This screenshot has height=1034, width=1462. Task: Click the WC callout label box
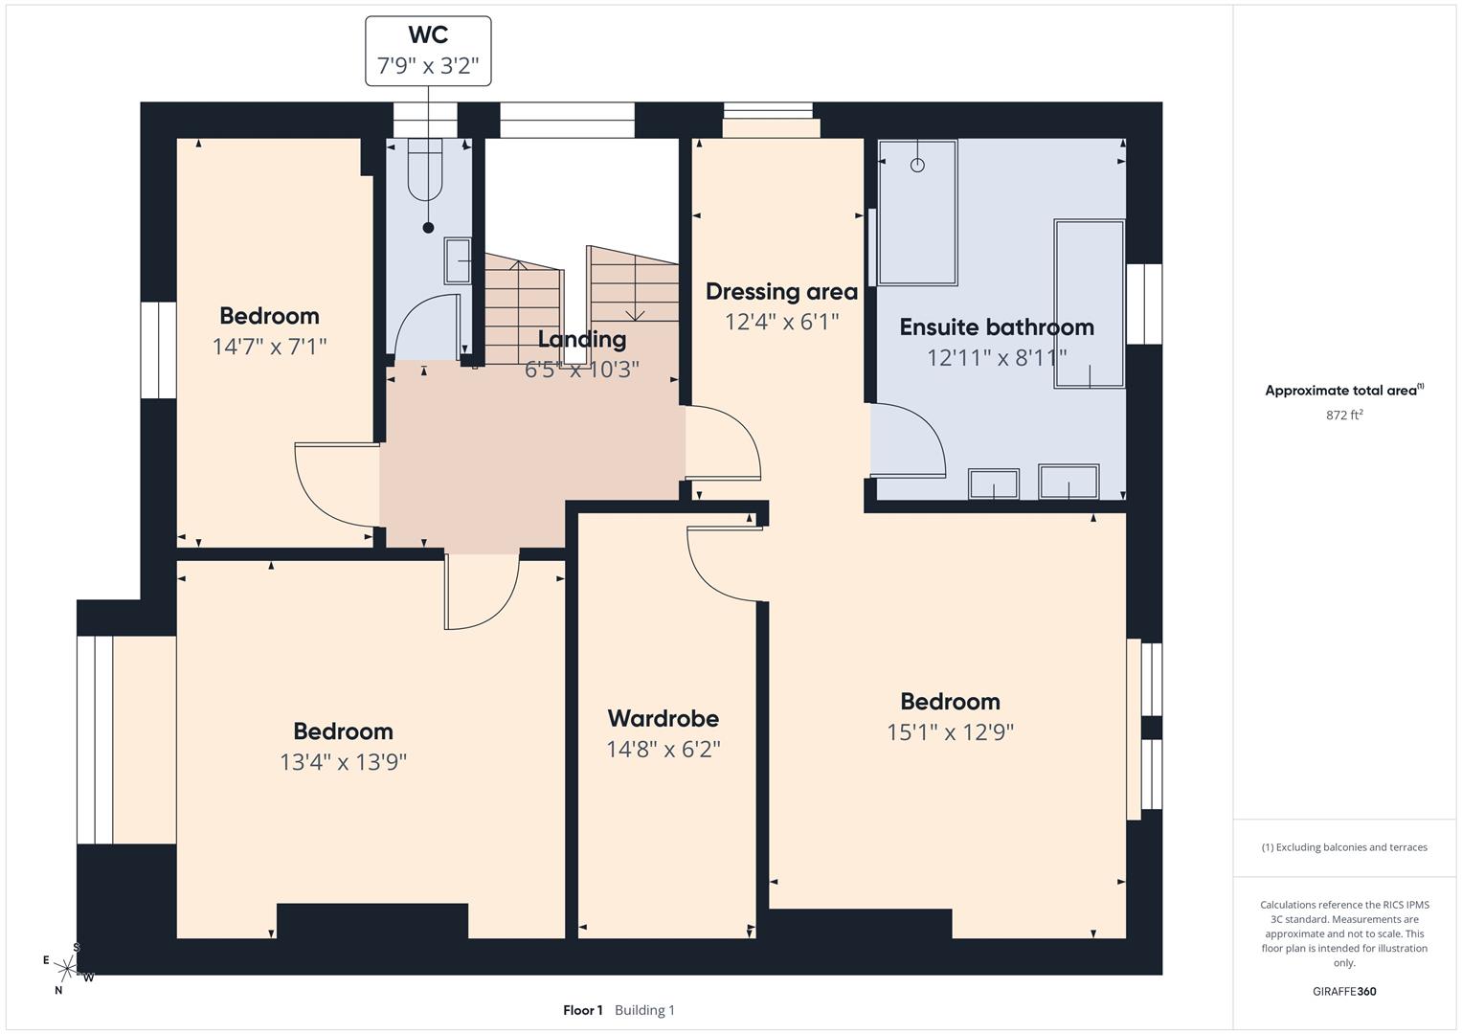[x=428, y=51]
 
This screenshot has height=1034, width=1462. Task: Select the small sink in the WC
[x=459, y=261]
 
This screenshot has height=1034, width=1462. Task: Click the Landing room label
[x=581, y=339]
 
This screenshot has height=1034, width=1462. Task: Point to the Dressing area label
[x=781, y=291]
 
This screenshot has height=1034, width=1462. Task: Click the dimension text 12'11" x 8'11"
[x=996, y=357]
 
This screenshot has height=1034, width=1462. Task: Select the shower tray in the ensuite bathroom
[x=917, y=213]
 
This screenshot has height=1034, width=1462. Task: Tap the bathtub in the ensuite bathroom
[x=1089, y=303]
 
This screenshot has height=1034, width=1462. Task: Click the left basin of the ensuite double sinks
[x=993, y=483]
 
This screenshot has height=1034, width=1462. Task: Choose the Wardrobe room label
[x=663, y=718]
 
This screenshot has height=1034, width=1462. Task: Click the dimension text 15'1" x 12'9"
[x=950, y=732]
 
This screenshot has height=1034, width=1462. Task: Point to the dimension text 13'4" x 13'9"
[x=343, y=762]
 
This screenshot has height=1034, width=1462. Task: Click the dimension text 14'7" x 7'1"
[x=269, y=347]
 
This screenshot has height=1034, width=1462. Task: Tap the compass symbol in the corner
[x=67, y=968]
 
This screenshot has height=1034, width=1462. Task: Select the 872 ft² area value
[x=1344, y=415]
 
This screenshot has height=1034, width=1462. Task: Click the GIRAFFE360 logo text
[x=1344, y=991]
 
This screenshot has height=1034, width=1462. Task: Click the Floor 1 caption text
[x=582, y=1010]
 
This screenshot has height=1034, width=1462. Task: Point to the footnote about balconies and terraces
[x=1344, y=847]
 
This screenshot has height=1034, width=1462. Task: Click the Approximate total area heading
[x=1343, y=391]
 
